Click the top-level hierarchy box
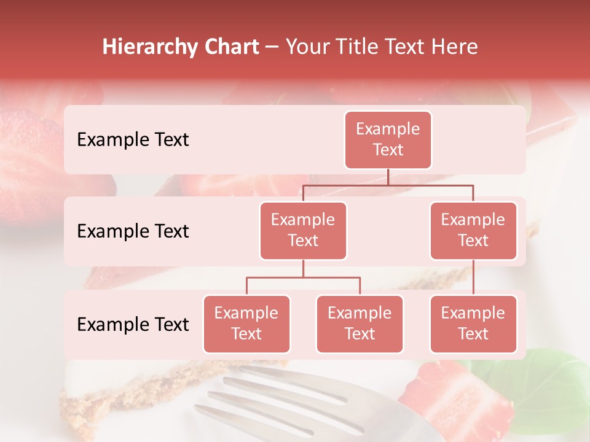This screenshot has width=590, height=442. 388,139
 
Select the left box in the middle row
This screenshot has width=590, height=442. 303,230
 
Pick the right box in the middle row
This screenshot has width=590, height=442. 473,230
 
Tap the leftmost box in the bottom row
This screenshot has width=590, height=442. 246,324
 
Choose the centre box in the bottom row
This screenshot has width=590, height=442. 360,324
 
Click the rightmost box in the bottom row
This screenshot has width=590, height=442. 473,324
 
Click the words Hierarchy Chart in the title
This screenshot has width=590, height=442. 181,47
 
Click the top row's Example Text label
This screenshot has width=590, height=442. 133,140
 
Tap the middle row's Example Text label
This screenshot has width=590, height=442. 133,231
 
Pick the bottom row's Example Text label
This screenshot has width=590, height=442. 133,324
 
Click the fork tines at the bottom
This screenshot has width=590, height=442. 277,399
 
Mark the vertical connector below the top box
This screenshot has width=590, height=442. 388,177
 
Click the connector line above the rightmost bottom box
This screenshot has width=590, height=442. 473,277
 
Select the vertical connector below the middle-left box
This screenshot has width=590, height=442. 303,268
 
